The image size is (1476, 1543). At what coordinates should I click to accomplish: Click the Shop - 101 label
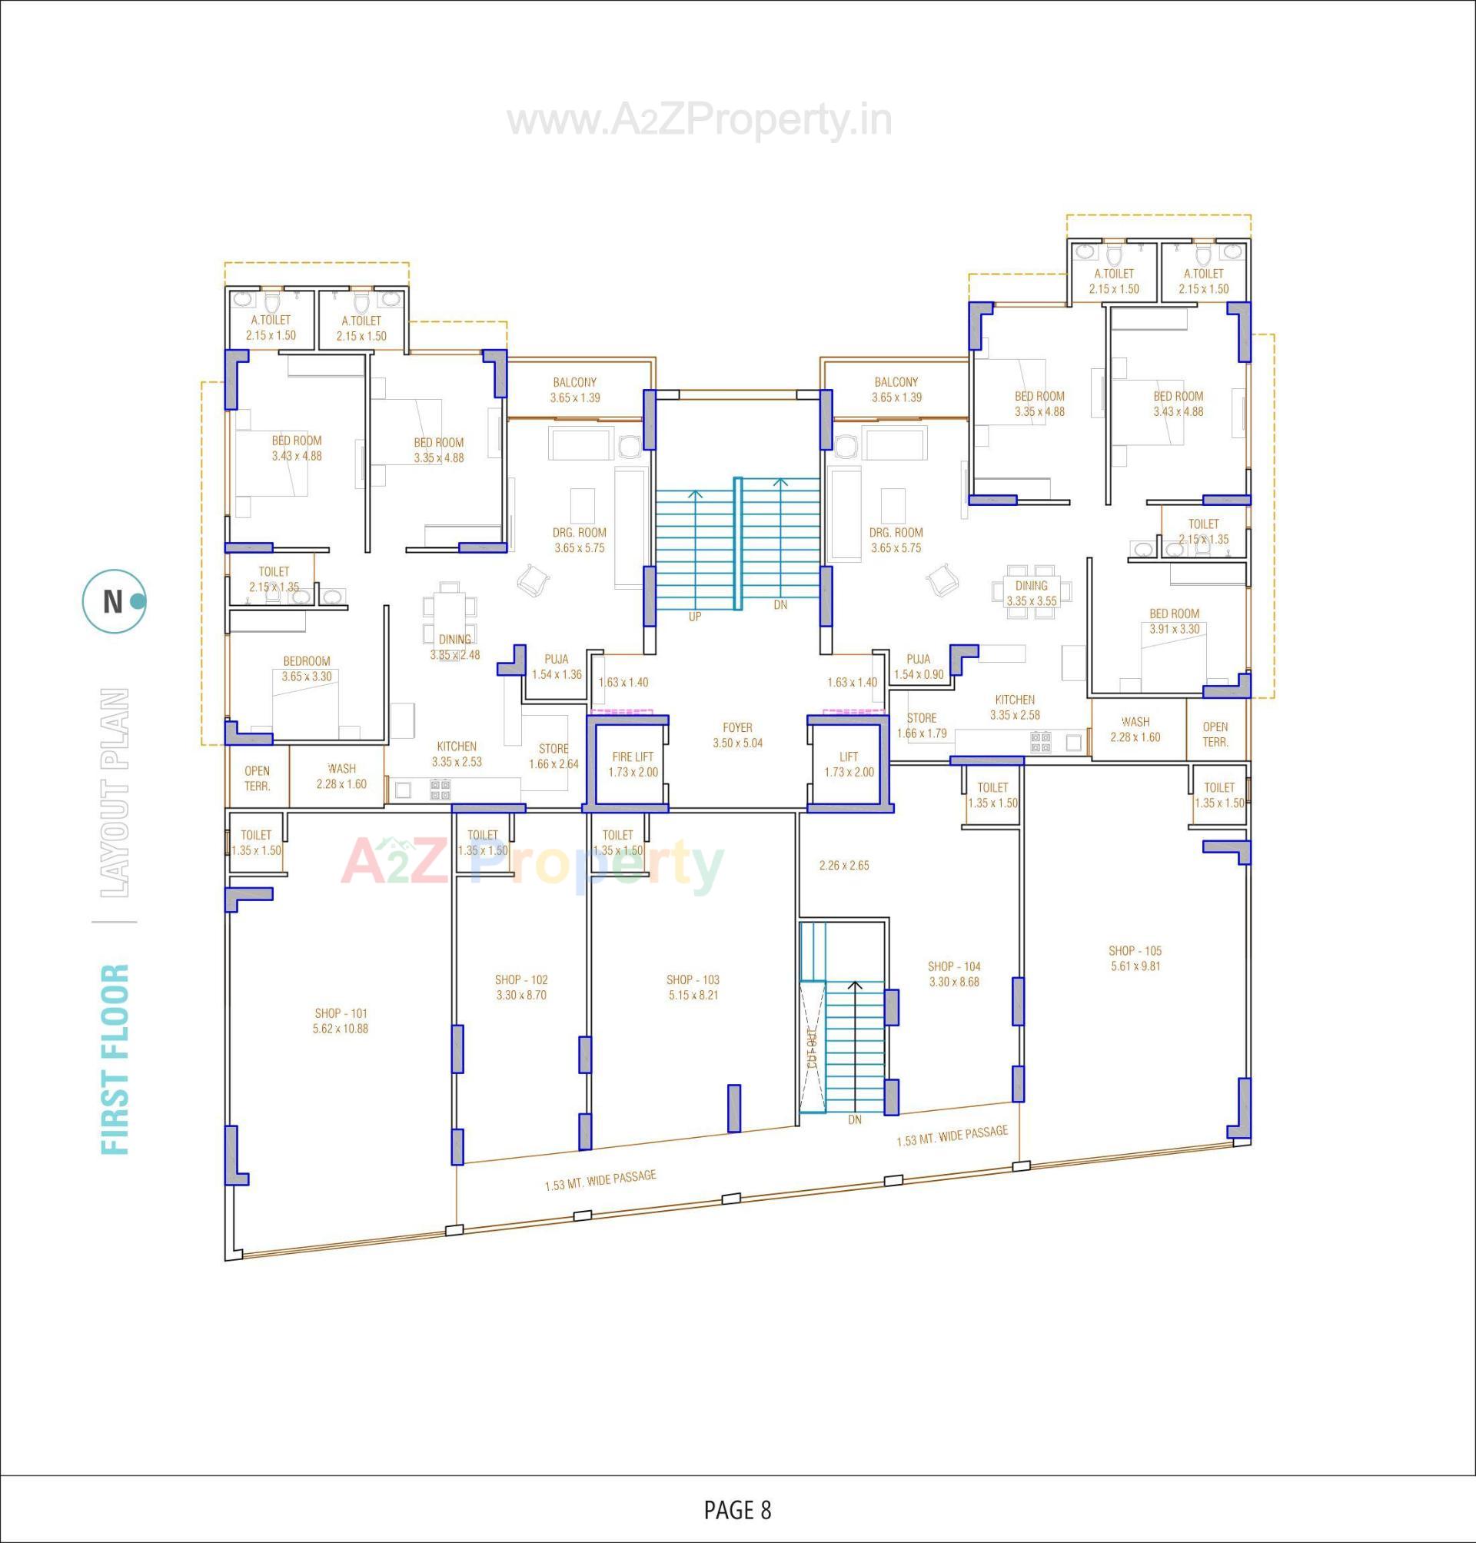point(341,1020)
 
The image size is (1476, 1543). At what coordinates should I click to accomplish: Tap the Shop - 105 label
point(1135,958)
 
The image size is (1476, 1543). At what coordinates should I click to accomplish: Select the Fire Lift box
point(633,764)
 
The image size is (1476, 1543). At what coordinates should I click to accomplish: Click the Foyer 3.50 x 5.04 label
point(737,735)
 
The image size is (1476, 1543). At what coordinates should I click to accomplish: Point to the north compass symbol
point(114,601)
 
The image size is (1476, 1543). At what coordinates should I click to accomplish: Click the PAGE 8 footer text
point(737,1509)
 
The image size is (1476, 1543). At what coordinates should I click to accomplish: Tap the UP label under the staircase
point(695,617)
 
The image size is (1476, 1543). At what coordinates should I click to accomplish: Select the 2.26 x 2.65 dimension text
point(843,865)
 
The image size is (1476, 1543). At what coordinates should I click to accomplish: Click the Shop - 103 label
point(693,986)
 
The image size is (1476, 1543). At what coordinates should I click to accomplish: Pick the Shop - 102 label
point(521,986)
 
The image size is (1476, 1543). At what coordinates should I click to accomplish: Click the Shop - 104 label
point(953,973)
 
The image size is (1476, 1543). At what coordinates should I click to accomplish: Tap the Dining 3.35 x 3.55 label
point(1031,593)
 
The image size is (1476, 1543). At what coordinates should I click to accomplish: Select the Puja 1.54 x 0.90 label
point(918,667)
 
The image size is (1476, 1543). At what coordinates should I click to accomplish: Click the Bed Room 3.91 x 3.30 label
point(1174,621)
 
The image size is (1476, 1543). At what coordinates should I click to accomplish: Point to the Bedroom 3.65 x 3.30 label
point(306,668)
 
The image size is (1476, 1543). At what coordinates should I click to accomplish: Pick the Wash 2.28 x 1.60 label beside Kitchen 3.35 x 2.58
point(1135,729)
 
